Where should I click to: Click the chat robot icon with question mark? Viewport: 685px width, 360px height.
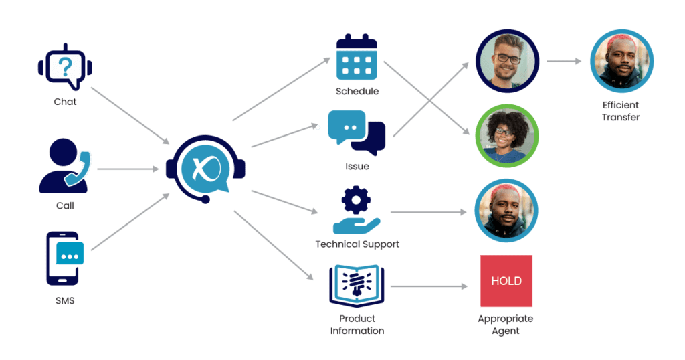pyautogui.click(x=65, y=68)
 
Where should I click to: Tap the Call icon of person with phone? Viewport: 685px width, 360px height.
pyautogui.click(x=65, y=165)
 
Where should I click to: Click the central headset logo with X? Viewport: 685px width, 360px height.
pyautogui.click(x=205, y=169)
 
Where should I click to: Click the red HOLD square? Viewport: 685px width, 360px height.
pyautogui.click(x=506, y=281)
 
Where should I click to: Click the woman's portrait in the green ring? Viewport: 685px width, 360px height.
pyautogui.click(x=506, y=136)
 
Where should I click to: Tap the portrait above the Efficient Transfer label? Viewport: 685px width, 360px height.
pyautogui.click(x=621, y=62)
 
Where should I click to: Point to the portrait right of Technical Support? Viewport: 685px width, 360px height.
pyautogui.click(x=506, y=211)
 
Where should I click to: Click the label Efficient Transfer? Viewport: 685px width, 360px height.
pyautogui.click(x=621, y=111)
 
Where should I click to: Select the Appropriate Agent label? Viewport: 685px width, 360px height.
pyautogui.click(x=506, y=325)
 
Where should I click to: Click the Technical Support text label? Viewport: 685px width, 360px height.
pyautogui.click(x=357, y=244)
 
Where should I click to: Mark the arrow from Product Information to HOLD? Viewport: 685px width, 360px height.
pyautogui.click(x=428, y=286)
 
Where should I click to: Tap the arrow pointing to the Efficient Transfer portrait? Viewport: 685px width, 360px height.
pyautogui.click(x=564, y=61)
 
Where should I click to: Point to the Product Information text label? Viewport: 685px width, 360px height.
pyautogui.click(x=357, y=325)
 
